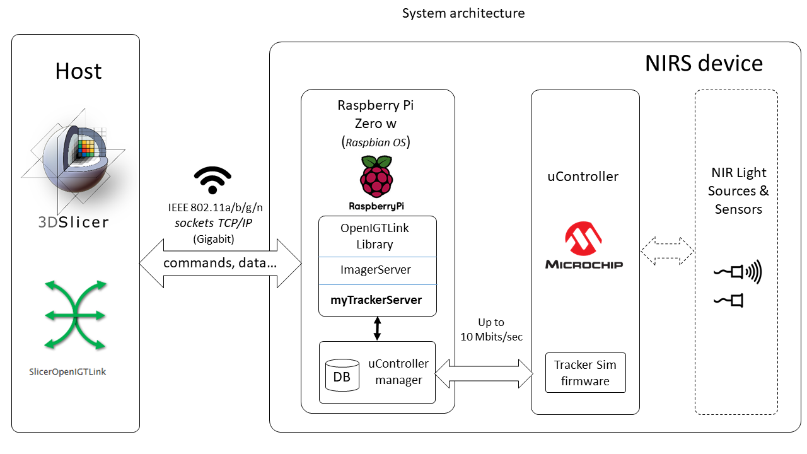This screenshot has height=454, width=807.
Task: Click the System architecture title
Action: pyautogui.click(x=463, y=13)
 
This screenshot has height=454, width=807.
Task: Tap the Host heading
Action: pyautogui.click(x=78, y=71)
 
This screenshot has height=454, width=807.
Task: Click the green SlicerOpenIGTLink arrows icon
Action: pyautogui.click(x=75, y=315)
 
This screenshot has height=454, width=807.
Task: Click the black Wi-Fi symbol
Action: pyautogui.click(x=212, y=180)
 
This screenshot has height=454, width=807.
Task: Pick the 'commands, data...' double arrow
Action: pyautogui.click(x=220, y=263)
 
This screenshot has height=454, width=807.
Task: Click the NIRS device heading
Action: pyautogui.click(x=704, y=64)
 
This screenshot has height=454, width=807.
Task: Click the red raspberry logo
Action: pyautogui.click(x=376, y=177)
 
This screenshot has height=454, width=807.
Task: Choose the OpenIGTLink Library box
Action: pyautogui.click(x=377, y=236)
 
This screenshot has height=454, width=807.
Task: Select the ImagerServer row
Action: pyautogui.click(x=377, y=270)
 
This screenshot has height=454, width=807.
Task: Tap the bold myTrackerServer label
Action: pyautogui.click(x=377, y=300)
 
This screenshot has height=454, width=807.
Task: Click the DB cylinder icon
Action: pyautogui.click(x=341, y=375)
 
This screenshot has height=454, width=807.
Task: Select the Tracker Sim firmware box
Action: pyautogui.click(x=585, y=373)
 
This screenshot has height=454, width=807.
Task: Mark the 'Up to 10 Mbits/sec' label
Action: pyautogui.click(x=491, y=330)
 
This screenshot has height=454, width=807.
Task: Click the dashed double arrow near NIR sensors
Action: pyautogui.click(x=667, y=252)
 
